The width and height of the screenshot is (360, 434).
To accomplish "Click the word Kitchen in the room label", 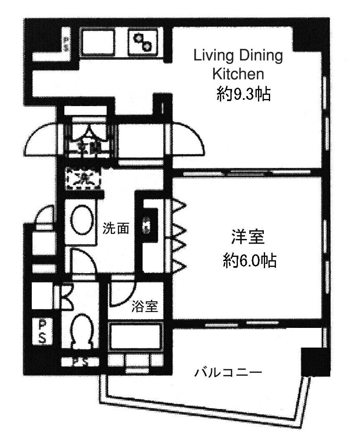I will tap(238, 74).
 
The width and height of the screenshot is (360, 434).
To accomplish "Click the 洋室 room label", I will tap(248, 239).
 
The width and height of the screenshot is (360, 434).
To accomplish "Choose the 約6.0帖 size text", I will tap(250, 261).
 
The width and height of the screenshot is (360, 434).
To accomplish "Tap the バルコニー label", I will tap(228, 372).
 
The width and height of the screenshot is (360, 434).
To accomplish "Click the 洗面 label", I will tap(116, 229).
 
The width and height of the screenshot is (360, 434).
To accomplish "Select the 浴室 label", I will tap(144, 307).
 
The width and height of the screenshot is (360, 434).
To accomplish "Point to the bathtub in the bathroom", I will tap(135, 336).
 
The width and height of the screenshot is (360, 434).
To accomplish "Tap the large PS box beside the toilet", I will tap(43, 332).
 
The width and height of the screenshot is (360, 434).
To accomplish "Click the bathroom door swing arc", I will tap(123, 294).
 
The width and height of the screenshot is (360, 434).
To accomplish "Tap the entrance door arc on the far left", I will tap(40, 140).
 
